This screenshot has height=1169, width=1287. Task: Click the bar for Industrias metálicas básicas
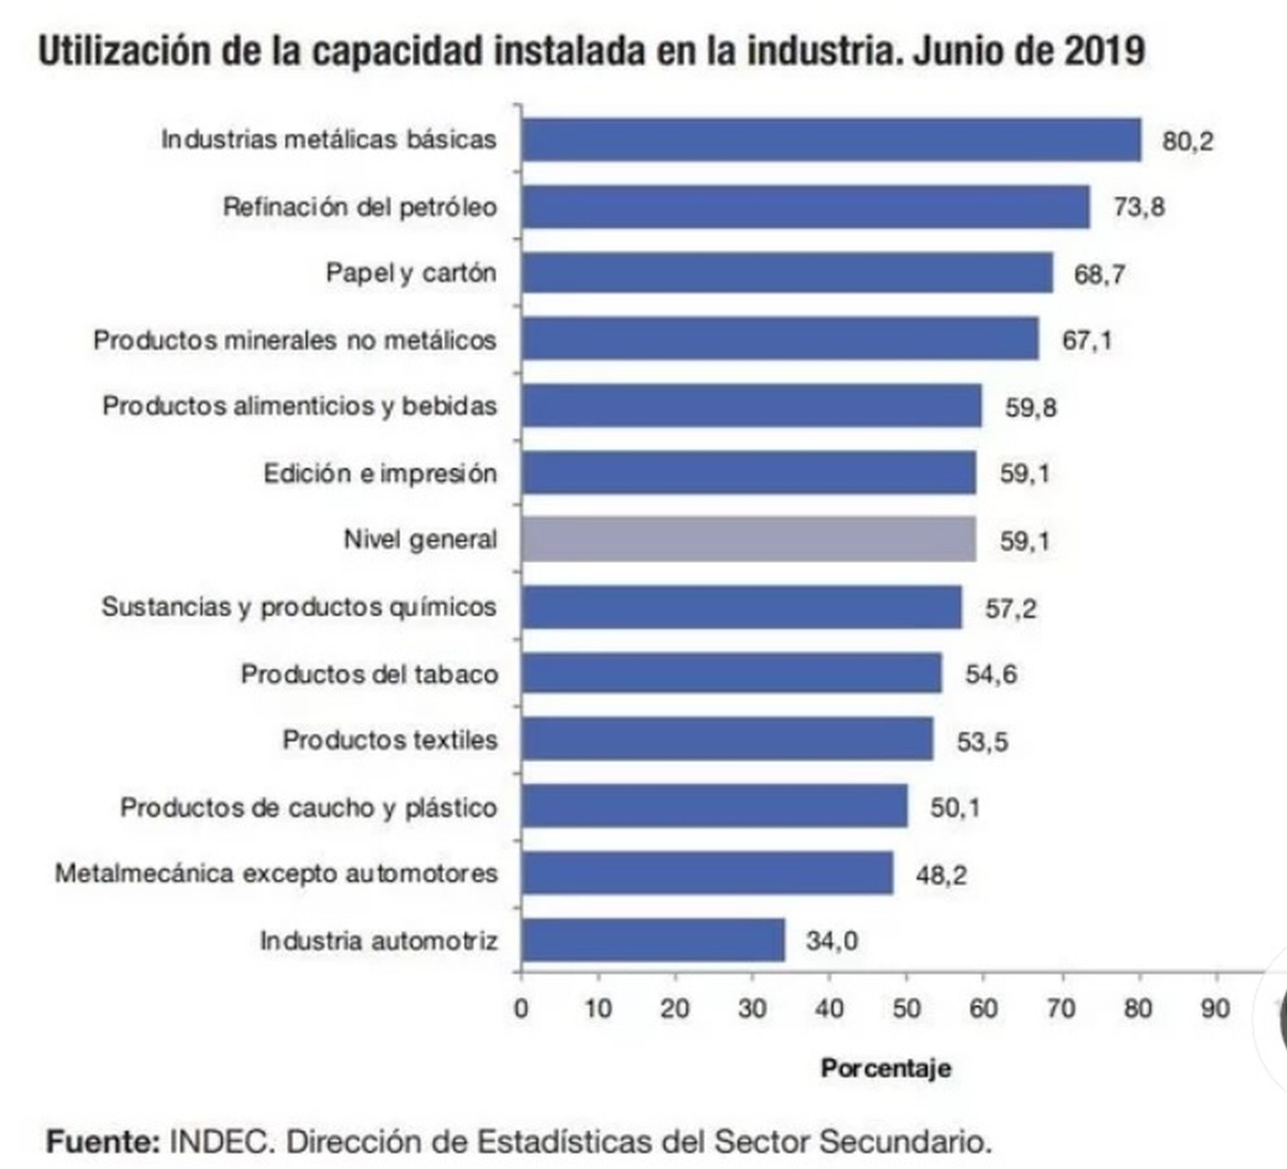pyautogui.click(x=831, y=140)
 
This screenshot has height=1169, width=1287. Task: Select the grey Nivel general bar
pyautogui.click(x=749, y=539)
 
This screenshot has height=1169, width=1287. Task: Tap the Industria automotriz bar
pyautogui.click(x=653, y=940)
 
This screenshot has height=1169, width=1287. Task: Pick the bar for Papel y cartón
pyautogui.click(x=787, y=273)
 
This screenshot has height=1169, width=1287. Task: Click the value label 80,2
pyautogui.click(x=1187, y=141)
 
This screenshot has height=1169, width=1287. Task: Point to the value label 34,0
pyautogui.click(x=831, y=941)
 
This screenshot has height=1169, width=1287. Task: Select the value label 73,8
pyautogui.click(x=1139, y=207)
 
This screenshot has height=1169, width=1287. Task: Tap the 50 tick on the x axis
pyautogui.click(x=906, y=1009)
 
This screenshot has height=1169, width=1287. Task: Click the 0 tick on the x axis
pyautogui.click(x=521, y=1009)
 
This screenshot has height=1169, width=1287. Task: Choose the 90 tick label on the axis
pyautogui.click(x=1215, y=1009)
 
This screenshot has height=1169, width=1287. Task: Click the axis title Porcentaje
pyautogui.click(x=885, y=1068)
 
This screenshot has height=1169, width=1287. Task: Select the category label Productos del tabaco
pyautogui.click(x=369, y=674)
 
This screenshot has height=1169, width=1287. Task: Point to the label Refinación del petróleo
pyautogui.click(x=360, y=207)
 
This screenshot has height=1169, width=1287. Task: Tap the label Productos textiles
pyautogui.click(x=390, y=740)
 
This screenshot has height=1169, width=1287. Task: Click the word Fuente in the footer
pyautogui.click(x=103, y=1142)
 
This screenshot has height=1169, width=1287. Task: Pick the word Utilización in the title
pyautogui.click(x=125, y=51)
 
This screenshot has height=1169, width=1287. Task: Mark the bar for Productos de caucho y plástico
pyautogui.click(x=715, y=806)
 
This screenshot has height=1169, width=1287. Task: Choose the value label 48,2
pyautogui.click(x=941, y=875)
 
